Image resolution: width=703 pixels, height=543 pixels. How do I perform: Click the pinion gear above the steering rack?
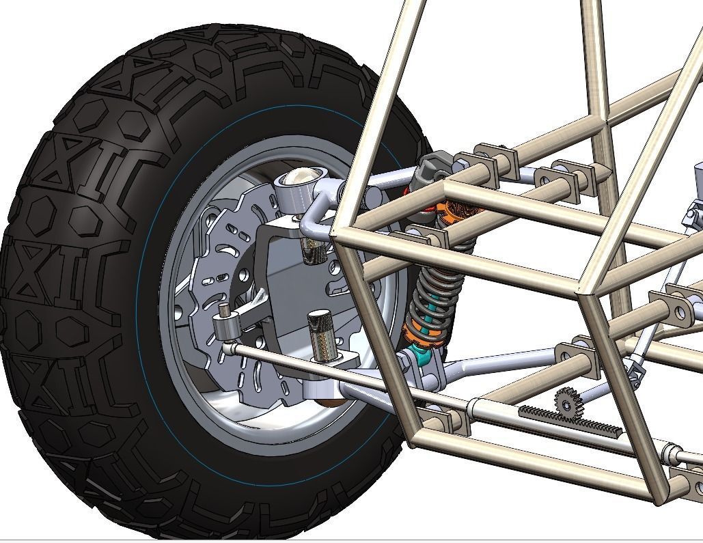tap(565, 402)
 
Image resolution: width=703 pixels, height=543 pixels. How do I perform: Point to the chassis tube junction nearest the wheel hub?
tap(336, 232)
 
